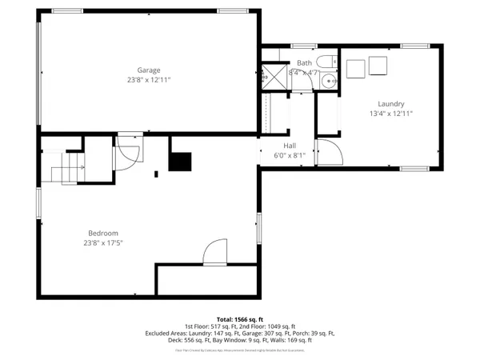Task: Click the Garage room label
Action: click(149, 70)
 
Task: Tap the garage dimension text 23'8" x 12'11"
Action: click(149, 80)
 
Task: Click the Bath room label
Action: click(304, 62)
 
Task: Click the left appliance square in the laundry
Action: click(355, 66)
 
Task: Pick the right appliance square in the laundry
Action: click(377, 66)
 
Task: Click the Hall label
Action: click(290, 146)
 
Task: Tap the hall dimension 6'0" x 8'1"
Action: click(290, 156)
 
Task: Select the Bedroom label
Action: click(103, 233)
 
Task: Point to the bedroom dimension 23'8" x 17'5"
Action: click(103, 243)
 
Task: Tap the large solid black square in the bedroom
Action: click(181, 162)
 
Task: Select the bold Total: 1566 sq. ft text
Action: click(239, 319)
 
